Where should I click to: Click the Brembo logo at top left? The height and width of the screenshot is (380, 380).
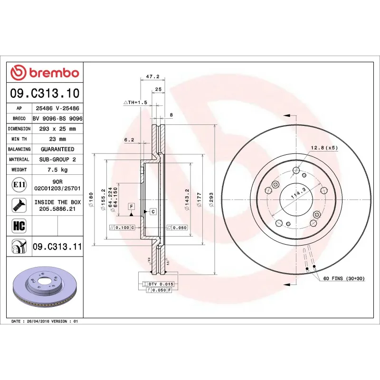pos(45,73)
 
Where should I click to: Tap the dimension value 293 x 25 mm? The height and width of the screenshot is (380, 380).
pos(57,129)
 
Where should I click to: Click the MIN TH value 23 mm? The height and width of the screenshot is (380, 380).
pos(57,139)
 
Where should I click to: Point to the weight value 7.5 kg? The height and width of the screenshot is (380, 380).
pos(57,170)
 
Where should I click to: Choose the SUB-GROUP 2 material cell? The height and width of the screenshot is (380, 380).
pos(57,160)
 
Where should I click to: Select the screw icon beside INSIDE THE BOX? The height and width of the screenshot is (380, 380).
pos(19,205)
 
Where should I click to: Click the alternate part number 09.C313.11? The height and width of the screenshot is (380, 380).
pos(57,247)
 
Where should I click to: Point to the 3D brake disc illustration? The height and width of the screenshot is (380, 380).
pos(45,286)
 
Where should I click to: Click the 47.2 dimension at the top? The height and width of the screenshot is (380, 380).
pos(152,76)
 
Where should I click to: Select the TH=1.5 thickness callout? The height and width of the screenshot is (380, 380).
pos(136,103)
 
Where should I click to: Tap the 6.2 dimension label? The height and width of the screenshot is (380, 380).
pos(129,140)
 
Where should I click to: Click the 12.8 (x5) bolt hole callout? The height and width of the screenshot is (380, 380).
pos(324,148)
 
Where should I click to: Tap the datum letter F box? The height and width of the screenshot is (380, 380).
pos(131,206)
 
